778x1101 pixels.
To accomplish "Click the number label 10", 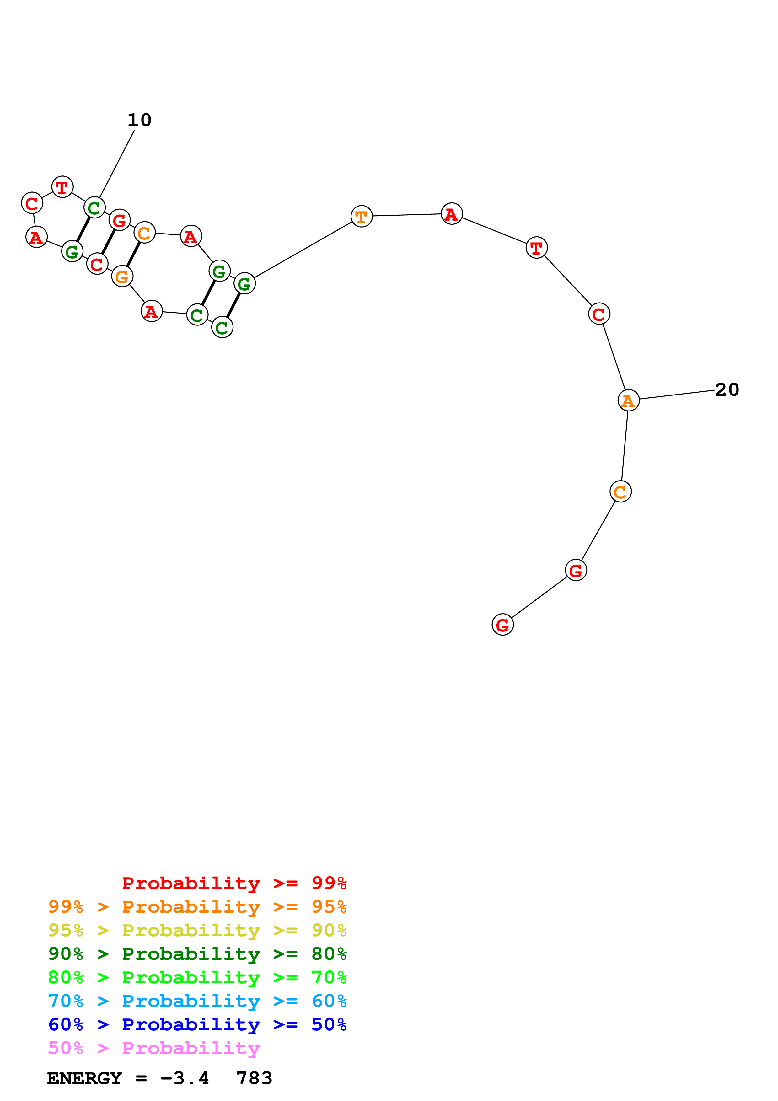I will click(139, 120).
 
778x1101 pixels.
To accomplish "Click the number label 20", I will click(727, 389).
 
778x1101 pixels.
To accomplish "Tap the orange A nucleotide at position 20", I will click(628, 400).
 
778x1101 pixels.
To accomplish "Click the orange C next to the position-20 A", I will click(620, 491).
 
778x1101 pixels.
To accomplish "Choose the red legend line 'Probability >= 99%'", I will click(234, 883).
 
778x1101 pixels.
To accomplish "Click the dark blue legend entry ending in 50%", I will click(197, 1024).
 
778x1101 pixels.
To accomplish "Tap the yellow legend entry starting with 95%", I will click(197, 930).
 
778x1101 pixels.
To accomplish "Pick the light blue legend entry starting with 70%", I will click(197, 1001).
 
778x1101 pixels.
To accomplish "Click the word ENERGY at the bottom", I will click(84, 1078).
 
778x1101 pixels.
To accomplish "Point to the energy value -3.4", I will click(185, 1078).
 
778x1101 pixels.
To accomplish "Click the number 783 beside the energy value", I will click(254, 1078).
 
